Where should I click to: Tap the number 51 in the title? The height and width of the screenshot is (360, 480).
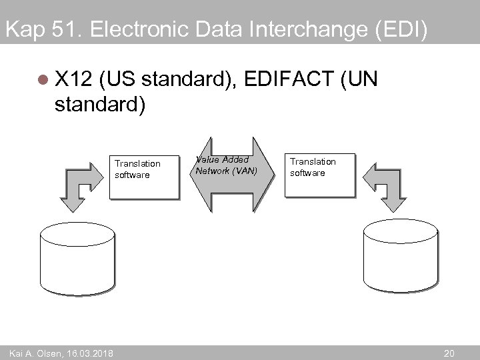(63, 30)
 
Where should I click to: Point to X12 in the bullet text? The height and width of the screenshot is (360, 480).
(73, 81)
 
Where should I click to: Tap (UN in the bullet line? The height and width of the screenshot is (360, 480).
(359, 81)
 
